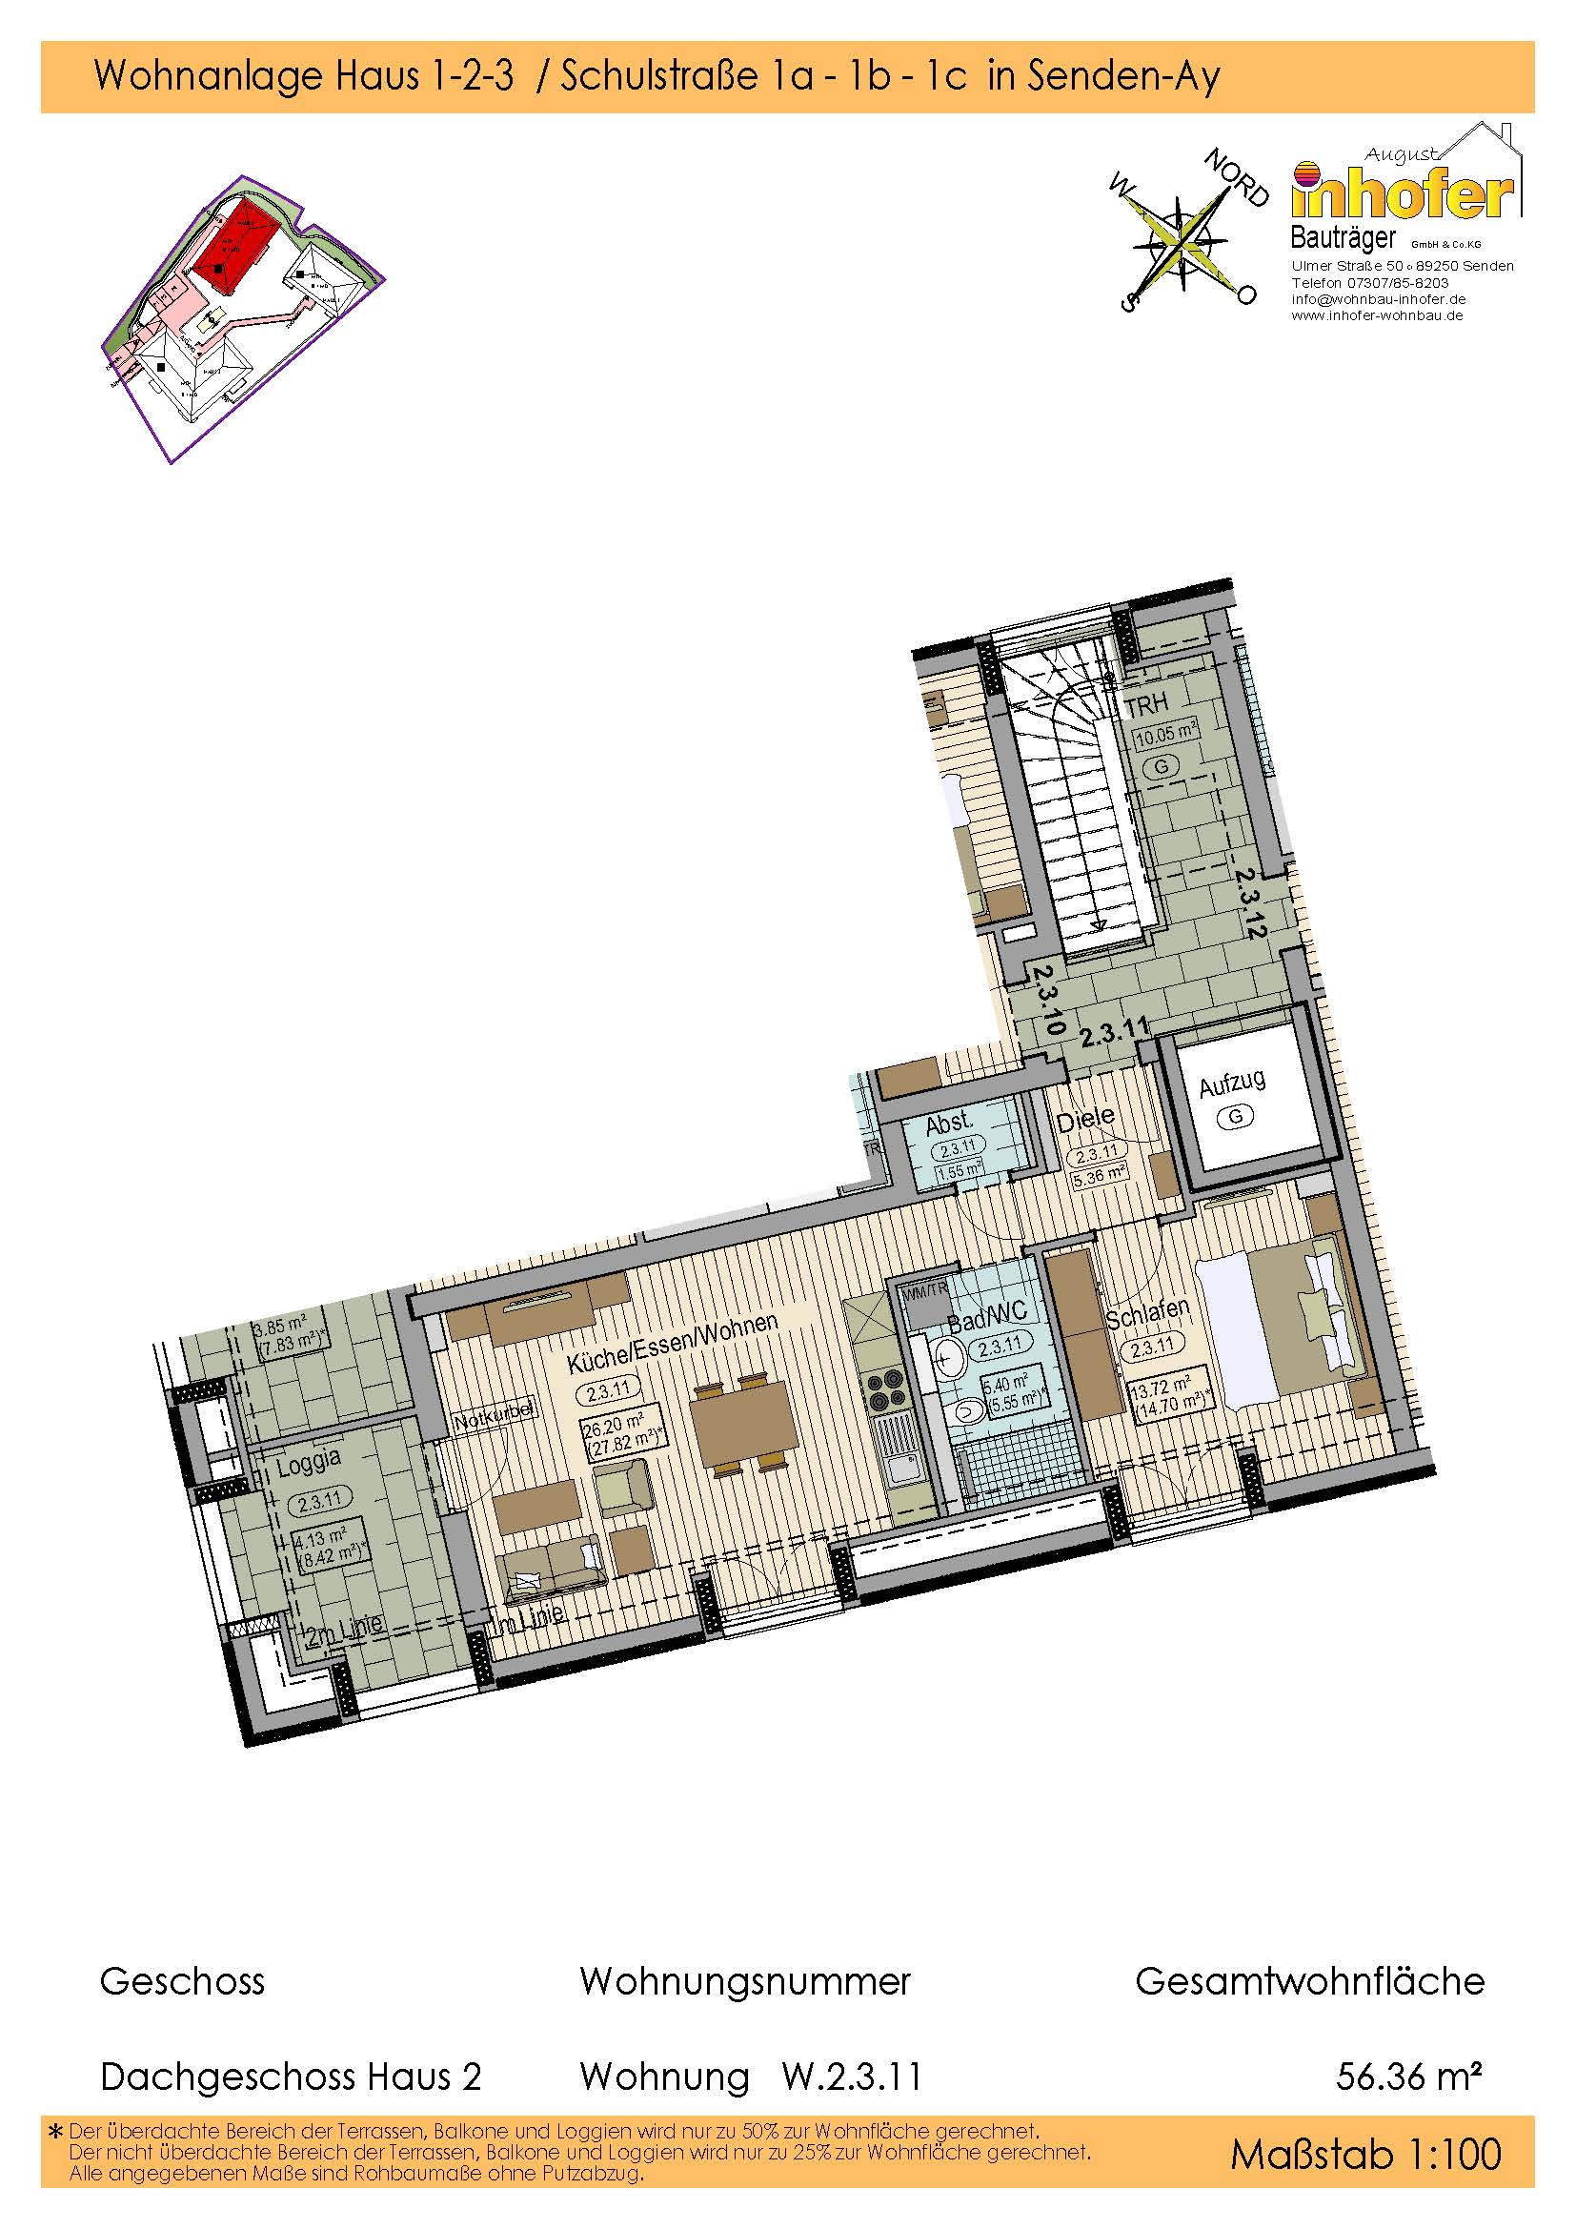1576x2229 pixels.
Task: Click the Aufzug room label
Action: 1231,1084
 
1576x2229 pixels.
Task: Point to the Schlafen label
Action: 1147,1314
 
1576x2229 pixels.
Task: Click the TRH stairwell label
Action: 1146,703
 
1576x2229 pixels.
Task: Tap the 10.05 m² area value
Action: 1164,733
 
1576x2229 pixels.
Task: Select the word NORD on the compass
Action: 1236,177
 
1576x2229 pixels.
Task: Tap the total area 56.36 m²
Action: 1408,2077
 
